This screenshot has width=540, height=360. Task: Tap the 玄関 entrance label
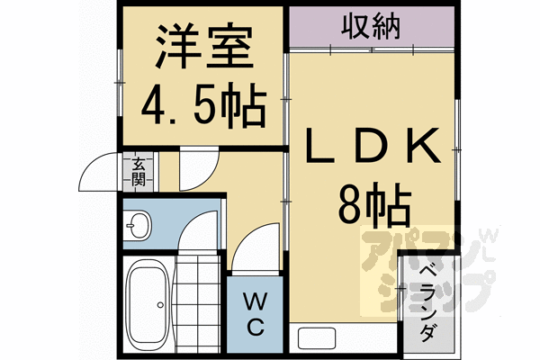pos(139,170)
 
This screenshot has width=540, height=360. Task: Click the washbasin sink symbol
pos(139,225)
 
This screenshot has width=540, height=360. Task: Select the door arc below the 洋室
pos(195,166)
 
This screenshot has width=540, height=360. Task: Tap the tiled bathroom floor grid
pos(195,301)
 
